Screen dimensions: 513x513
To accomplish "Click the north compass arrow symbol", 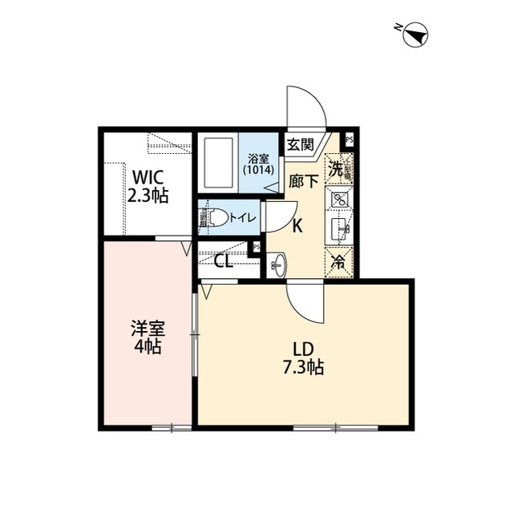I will [x=415, y=34].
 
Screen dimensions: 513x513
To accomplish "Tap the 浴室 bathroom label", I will [x=258, y=158].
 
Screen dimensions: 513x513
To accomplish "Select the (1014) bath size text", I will [x=258, y=170].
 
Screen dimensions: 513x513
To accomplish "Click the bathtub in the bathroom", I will [x=218, y=163].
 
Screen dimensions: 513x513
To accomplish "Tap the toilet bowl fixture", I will [x=214, y=217].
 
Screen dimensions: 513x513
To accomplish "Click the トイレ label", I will [x=242, y=216].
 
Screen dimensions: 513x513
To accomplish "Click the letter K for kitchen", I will [x=297, y=226].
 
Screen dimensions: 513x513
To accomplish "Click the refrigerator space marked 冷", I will [x=339, y=261].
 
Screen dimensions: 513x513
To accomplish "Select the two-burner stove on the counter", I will [x=339, y=200].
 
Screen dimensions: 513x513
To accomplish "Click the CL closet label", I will [x=224, y=261].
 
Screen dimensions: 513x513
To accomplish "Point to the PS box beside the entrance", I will [x=349, y=139].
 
